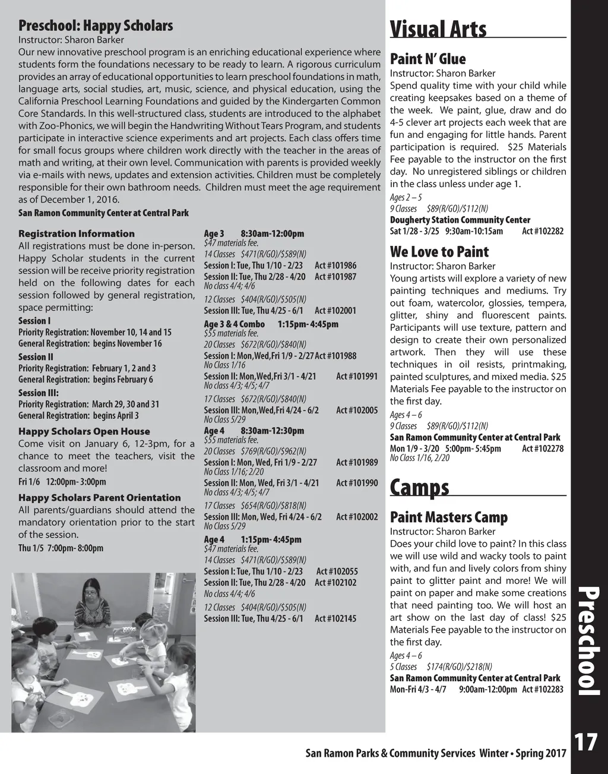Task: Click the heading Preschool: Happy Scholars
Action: (x=96, y=26)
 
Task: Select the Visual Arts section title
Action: (x=438, y=29)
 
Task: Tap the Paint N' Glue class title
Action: (x=427, y=59)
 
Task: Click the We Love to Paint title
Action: (x=439, y=252)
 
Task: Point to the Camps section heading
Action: (x=419, y=488)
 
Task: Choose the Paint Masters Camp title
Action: (x=448, y=517)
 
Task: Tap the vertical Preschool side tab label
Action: (x=589, y=640)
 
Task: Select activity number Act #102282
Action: (x=543, y=231)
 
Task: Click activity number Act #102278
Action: (x=543, y=448)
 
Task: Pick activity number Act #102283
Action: (x=543, y=690)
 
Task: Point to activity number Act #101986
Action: (x=335, y=266)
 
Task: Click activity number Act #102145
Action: (x=335, y=618)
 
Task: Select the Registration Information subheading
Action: (x=77, y=233)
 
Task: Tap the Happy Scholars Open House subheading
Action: (x=84, y=431)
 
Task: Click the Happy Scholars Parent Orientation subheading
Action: (x=100, y=498)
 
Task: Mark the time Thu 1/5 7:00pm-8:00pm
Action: (x=61, y=548)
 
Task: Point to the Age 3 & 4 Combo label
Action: (x=235, y=324)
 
